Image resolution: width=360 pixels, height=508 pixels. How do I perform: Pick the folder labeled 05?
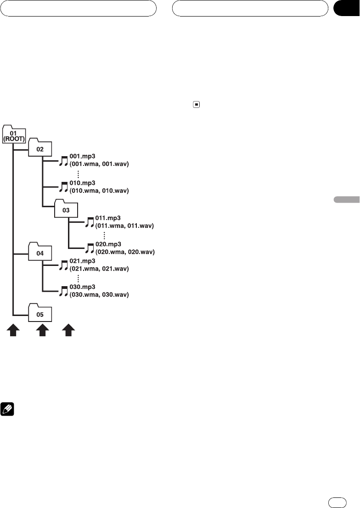pos(40,314)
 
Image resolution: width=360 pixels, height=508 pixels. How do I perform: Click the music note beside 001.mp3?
pos(64,160)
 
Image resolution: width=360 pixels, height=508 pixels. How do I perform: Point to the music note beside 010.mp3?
pos(64,186)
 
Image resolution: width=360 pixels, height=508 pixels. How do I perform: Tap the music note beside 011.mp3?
pos(90,222)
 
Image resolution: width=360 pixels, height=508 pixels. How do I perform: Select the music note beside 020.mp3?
pos(90,248)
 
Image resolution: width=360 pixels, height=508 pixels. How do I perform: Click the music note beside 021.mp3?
pos(64,265)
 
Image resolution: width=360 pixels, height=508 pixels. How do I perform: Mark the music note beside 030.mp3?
pos(64,291)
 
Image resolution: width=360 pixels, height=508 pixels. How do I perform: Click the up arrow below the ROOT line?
pos(13,331)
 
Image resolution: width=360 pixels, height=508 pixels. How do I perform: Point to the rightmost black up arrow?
pos(68,331)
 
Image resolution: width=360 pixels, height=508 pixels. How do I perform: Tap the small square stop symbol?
pos(196,104)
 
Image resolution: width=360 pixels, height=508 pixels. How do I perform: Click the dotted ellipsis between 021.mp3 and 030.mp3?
pos(79,278)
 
